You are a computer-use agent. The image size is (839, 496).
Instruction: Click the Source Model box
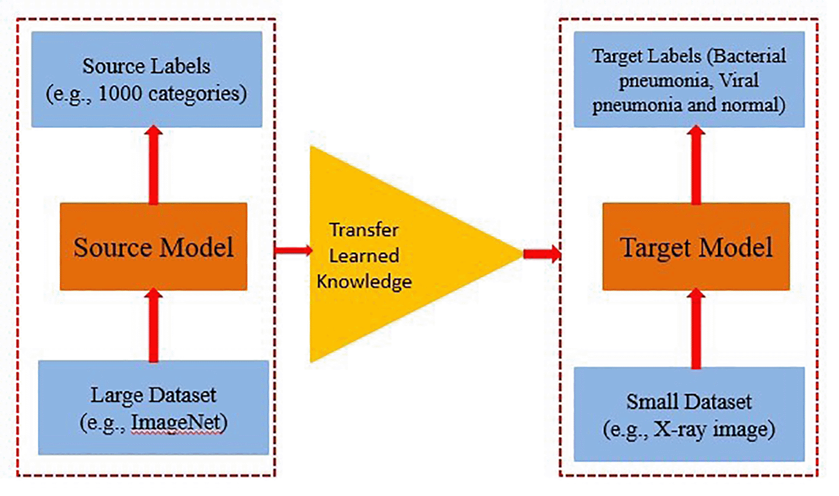pyautogui.click(x=153, y=247)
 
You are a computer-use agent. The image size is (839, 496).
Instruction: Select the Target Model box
pyautogui.click(x=696, y=247)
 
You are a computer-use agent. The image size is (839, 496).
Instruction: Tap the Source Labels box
pyautogui.click(x=146, y=78)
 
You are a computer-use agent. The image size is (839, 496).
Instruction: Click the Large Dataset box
pyautogui.click(x=153, y=407)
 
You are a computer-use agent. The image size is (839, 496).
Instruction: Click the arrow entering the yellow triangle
pyautogui.click(x=292, y=250)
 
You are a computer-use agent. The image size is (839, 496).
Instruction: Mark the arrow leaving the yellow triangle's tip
pyautogui.click(x=541, y=255)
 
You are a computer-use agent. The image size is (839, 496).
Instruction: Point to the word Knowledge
pyautogui.click(x=364, y=281)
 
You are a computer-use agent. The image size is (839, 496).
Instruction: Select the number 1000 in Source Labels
pyautogui.click(x=142, y=94)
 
